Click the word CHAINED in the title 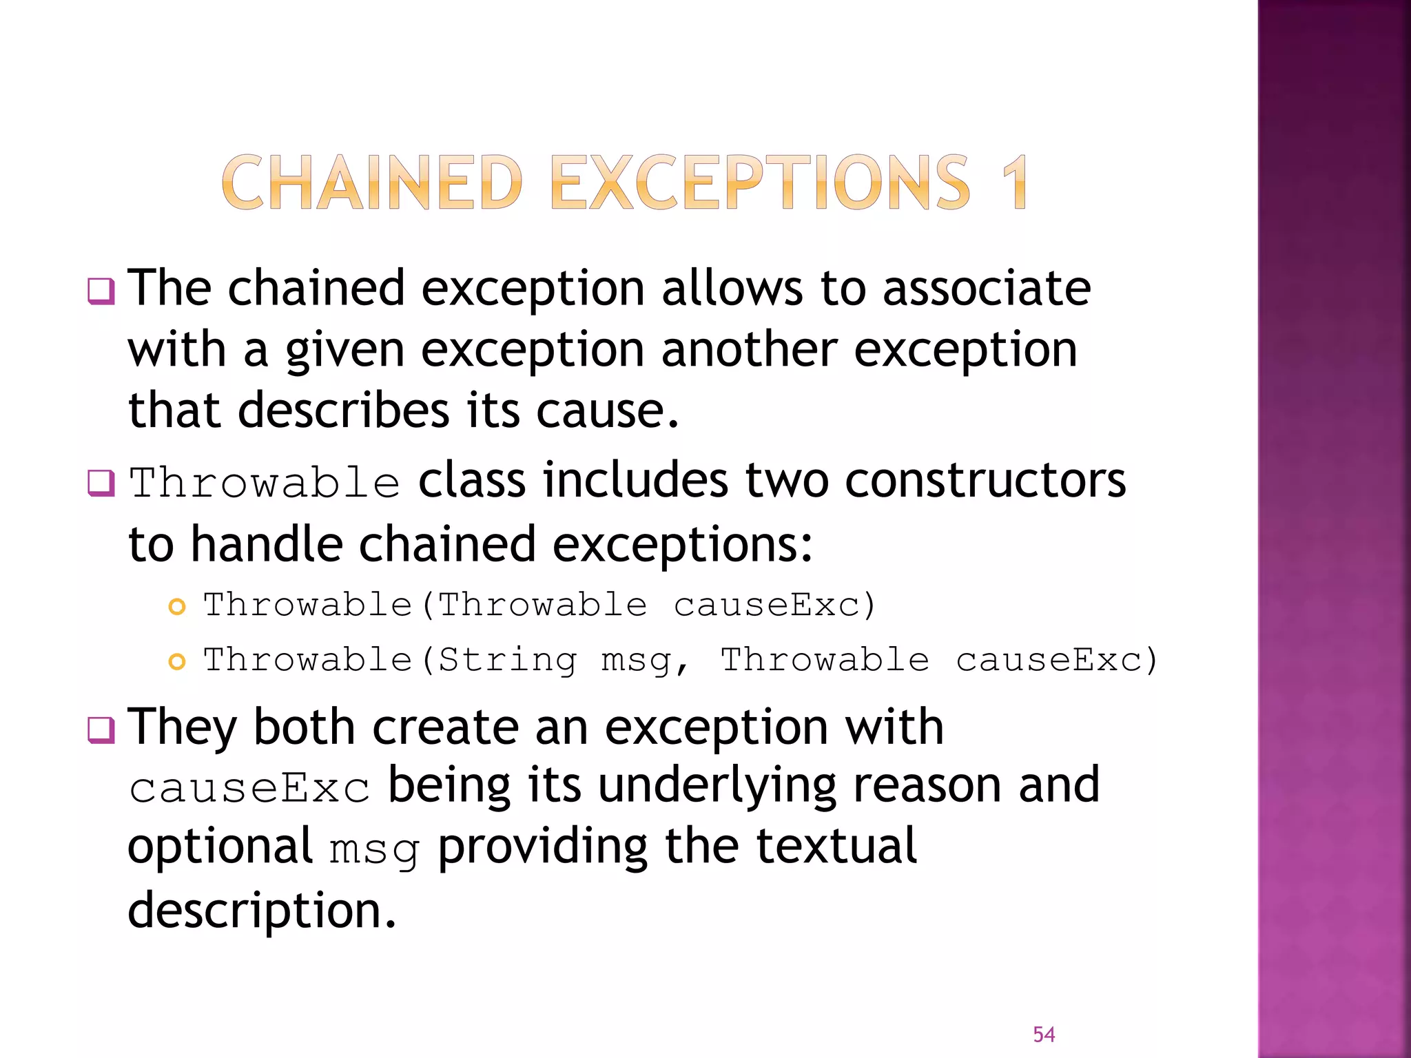(x=372, y=183)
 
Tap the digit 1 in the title (x=1014, y=183)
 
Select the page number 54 (x=1044, y=1034)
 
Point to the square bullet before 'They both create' (x=101, y=730)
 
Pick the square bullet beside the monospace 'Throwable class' (x=101, y=483)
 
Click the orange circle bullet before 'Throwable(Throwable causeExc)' (x=177, y=607)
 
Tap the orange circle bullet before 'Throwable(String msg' (x=177, y=662)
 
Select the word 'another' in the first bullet (x=749, y=349)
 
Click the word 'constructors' (x=985, y=480)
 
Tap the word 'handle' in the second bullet (x=267, y=544)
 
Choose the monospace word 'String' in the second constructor (x=508, y=661)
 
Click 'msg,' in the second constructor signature (x=645, y=662)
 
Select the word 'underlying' (x=717, y=786)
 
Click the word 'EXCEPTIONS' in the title (x=761, y=183)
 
